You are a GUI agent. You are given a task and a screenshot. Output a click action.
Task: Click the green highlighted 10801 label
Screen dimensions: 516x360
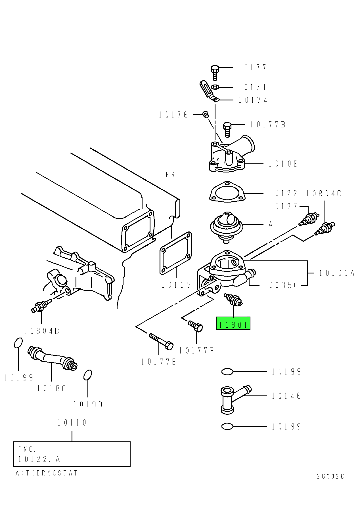[233, 323]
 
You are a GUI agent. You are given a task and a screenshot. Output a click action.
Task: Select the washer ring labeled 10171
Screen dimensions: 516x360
[215, 87]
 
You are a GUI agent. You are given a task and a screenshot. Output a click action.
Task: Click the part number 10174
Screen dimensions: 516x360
[253, 100]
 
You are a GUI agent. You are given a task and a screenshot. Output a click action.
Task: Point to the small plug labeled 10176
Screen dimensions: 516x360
[206, 115]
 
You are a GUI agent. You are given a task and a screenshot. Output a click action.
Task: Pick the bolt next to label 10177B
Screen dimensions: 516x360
[227, 129]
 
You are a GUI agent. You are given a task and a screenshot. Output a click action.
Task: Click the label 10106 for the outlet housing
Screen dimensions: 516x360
[283, 164]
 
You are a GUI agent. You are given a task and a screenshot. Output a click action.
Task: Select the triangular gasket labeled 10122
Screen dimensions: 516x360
[227, 192]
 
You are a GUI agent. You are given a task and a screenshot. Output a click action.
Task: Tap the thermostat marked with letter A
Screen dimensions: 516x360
[227, 226]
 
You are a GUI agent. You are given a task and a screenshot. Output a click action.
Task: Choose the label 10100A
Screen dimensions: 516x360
[337, 273]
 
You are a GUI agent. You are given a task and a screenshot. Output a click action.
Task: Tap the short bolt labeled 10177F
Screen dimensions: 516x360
[196, 326]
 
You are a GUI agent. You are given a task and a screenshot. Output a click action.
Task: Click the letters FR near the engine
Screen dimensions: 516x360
[170, 175]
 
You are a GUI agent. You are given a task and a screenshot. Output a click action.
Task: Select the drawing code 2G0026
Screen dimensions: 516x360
[330, 476]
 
